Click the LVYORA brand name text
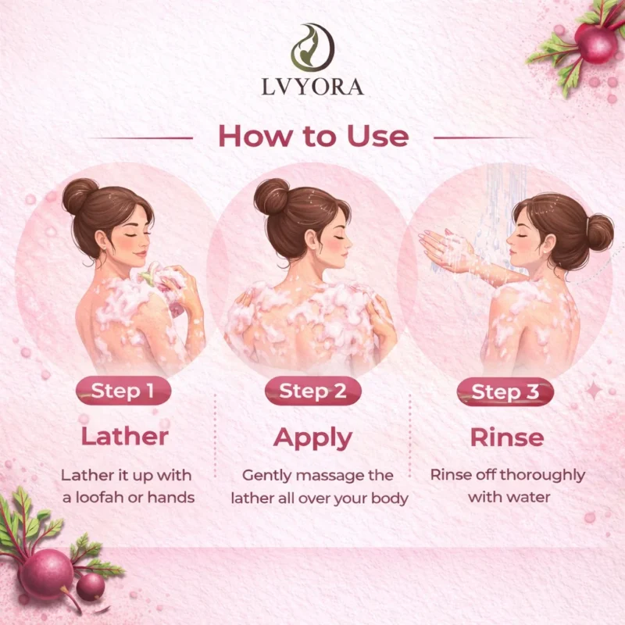point(312,87)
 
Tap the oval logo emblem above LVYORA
point(312,48)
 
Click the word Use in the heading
point(378,137)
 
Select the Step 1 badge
point(123,391)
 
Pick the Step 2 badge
point(313,391)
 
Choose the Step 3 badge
point(505,392)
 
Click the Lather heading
point(125,437)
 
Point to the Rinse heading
point(507,437)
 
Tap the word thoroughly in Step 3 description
point(542,476)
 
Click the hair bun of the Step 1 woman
point(80,196)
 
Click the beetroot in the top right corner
point(595,43)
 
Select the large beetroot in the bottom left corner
point(47,574)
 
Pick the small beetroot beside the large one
point(91,587)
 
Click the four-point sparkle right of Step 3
point(594,391)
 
